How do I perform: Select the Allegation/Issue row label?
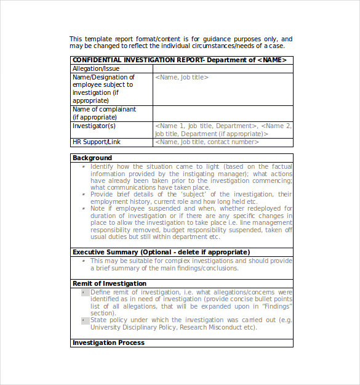click(96, 68)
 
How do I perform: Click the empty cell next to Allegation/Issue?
click(223, 68)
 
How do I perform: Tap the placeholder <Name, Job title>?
click(182, 77)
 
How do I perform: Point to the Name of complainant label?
click(104, 109)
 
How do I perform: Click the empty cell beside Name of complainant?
click(223, 113)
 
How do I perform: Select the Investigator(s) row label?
click(94, 126)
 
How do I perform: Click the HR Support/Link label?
click(97, 142)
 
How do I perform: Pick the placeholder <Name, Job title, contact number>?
click(206, 142)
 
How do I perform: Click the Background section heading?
click(92, 158)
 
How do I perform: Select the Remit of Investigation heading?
click(110, 283)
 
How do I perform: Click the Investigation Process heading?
click(108, 342)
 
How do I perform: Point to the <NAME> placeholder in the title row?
click(271, 60)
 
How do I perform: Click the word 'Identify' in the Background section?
click(102, 166)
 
